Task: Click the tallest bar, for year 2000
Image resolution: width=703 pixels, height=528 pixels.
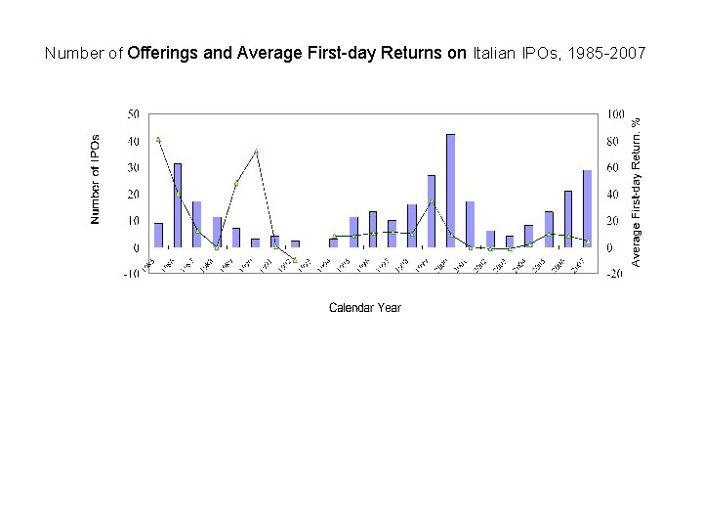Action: tap(450, 191)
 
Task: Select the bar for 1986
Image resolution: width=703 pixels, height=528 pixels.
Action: tap(178, 205)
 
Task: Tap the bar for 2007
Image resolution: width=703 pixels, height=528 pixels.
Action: tap(587, 208)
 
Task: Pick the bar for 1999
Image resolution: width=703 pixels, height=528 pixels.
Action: tap(431, 211)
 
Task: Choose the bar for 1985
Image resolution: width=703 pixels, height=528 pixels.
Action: tap(158, 236)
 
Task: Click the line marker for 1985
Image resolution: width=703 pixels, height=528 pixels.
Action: tap(158, 140)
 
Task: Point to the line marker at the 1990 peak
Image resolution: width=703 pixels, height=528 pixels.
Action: tap(256, 153)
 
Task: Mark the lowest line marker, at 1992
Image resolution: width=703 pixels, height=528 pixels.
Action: tap(295, 260)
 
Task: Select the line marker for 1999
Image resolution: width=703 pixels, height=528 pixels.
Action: tap(431, 201)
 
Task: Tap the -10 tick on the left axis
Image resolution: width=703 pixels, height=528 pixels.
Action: tap(130, 275)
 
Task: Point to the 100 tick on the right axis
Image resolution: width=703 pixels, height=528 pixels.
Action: tap(615, 114)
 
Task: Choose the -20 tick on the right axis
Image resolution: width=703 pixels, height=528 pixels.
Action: tap(614, 275)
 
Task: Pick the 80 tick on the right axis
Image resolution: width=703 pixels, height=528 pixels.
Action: tap(612, 141)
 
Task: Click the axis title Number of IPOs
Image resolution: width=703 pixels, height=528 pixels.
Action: tap(96, 179)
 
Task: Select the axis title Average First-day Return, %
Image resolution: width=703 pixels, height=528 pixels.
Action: tap(636, 192)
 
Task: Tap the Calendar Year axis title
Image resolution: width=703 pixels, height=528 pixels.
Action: tap(364, 308)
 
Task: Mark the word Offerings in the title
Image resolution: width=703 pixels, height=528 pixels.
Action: tap(162, 53)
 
